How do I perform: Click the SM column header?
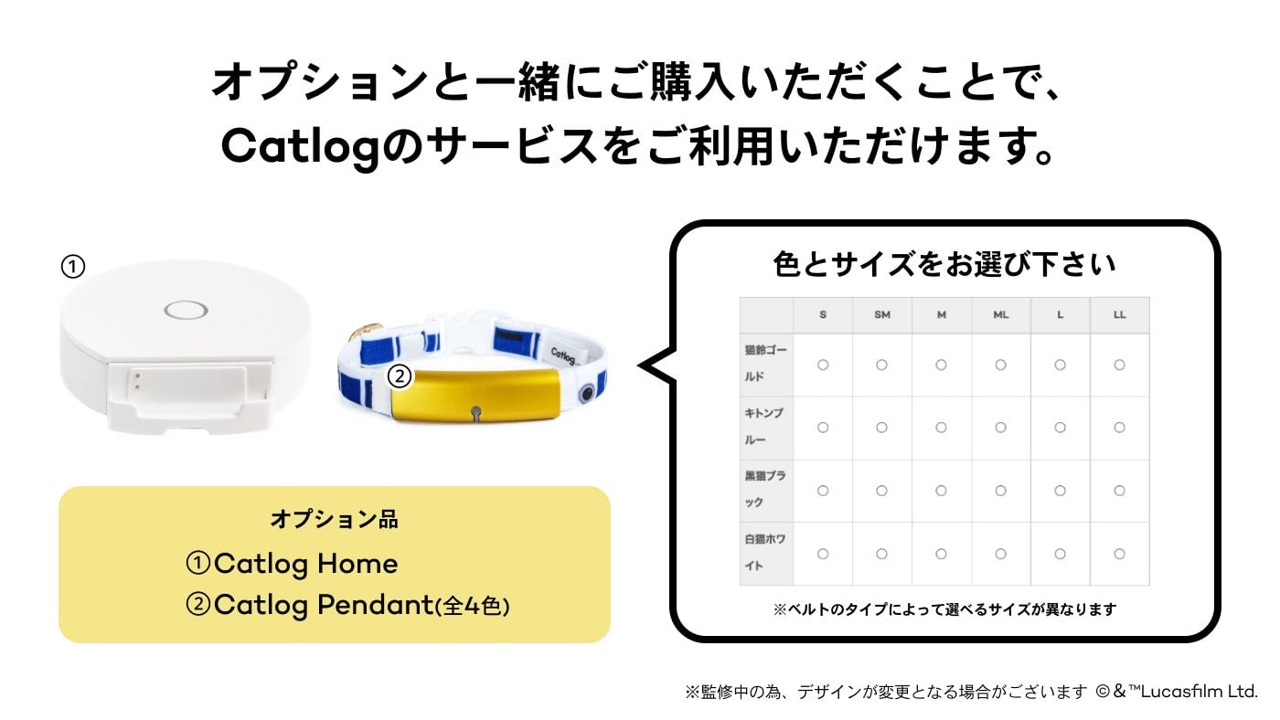[x=881, y=314]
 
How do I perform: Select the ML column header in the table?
[x=1000, y=314]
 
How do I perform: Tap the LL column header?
[x=1119, y=314]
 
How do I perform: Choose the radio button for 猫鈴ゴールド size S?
[x=823, y=365]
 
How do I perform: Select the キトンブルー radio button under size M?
[x=941, y=428]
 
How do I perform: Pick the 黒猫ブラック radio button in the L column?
[x=1060, y=491]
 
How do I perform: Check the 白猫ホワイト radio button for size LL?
[x=1119, y=554]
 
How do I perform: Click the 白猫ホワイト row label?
[x=766, y=553]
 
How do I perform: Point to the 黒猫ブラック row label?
[x=766, y=490]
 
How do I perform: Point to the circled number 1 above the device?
[x=72, y=267]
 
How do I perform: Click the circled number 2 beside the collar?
[x=399, y=375]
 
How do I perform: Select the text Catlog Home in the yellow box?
[x=305, y=564]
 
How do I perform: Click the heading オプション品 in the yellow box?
[x=334, y=519]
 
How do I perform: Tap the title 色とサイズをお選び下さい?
[x=944, y=265]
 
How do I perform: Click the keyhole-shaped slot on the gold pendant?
[x=475, y=413]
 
